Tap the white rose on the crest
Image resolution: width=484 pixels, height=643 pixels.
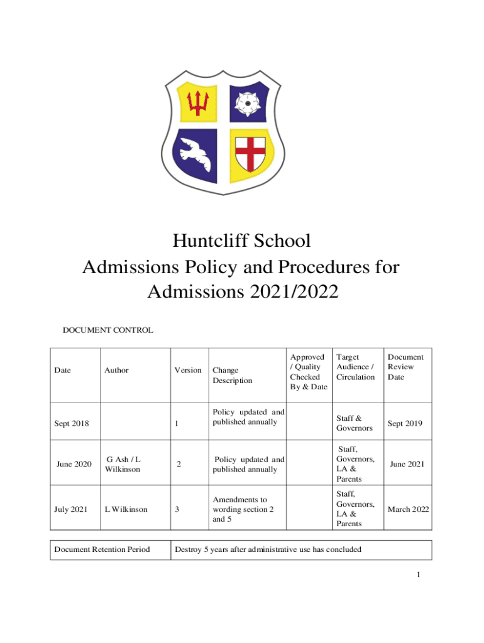[245, 101]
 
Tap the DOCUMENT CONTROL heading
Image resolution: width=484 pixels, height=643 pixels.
[107, 330]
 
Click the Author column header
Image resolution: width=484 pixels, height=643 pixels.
[116, 370]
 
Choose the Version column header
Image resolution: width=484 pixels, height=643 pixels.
[188, 370]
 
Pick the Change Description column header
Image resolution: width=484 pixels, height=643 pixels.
[232, 376]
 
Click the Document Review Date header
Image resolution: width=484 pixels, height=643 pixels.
[405, 367]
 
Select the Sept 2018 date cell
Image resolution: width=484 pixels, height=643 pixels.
[71, 423]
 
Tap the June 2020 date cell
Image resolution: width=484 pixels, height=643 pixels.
[74, 464]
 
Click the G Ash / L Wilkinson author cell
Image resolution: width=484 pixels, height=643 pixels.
[123, 465]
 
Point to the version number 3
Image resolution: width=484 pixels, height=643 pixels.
[177, 510]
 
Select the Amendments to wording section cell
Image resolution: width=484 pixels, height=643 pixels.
[243, 510]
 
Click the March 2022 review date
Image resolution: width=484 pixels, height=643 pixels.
[408, 509]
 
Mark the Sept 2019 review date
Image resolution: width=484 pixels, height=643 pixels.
[405, 423]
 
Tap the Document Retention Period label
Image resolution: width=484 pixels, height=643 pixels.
[102, 549]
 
